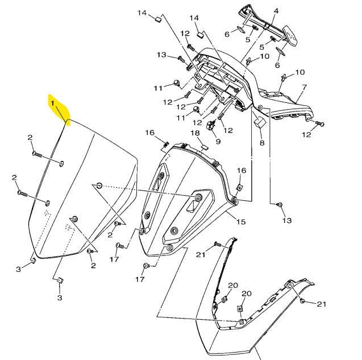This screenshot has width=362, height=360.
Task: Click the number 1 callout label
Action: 52,104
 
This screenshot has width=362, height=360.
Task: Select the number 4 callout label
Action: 276,11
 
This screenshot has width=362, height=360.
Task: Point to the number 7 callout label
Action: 304,88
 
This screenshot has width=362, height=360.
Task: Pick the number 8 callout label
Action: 262,143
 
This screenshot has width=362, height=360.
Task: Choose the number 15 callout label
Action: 240,221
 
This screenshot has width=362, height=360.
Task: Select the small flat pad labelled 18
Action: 203,146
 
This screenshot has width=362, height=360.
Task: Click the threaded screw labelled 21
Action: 217,243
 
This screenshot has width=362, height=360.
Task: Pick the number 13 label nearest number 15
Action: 286,220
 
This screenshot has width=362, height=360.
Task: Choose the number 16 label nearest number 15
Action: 242,171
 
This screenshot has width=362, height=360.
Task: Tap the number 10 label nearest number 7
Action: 299,72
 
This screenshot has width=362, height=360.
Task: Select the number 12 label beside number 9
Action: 228,131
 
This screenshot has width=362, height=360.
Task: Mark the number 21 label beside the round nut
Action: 322,304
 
